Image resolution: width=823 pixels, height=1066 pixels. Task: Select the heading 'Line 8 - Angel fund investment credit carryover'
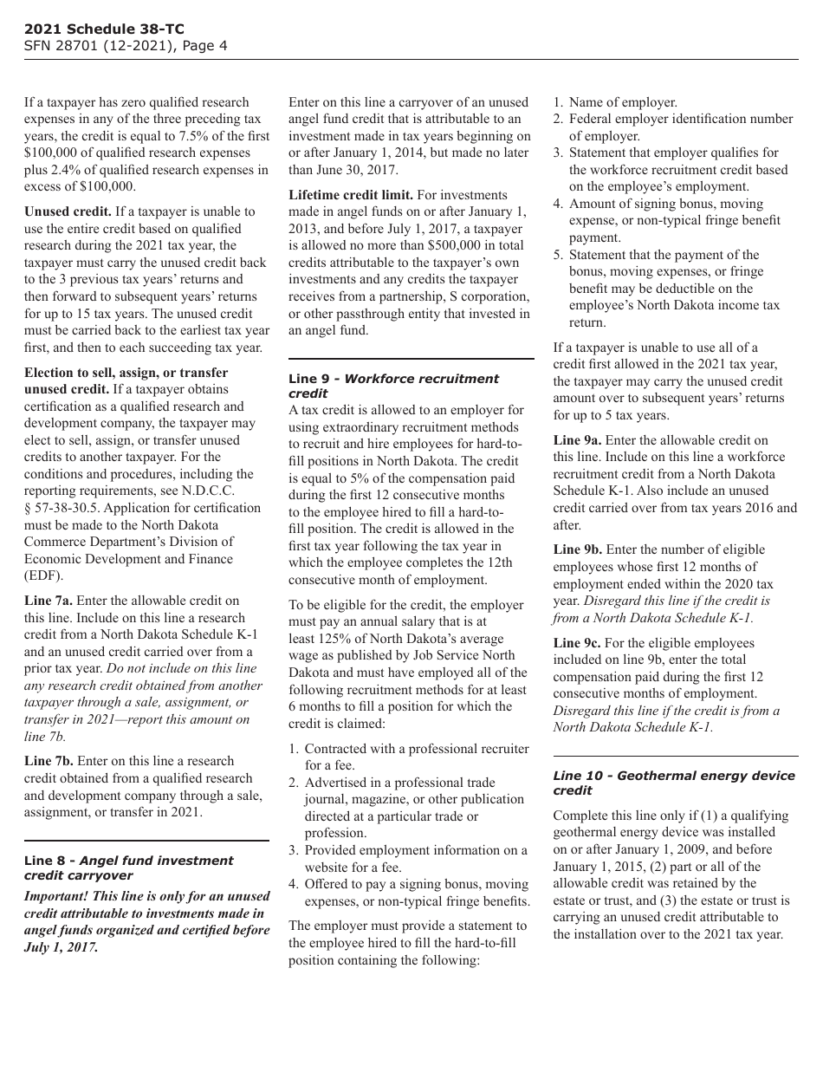[x=128, y=868]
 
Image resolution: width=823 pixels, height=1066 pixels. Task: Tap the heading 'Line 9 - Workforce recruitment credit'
[x=393, y=386]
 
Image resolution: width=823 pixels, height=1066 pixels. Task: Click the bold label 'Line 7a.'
[x=49, y=601]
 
